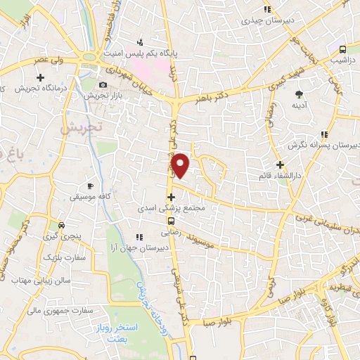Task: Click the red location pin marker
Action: click(x=181, y=165)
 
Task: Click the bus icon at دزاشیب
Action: click(x=342, y=49)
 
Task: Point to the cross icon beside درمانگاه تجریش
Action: click(x=41, y=77)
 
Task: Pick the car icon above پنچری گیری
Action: click(x=63, y=226)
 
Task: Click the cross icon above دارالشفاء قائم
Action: click(x=280, y=164)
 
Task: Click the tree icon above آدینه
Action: click(x=300, y=94)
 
